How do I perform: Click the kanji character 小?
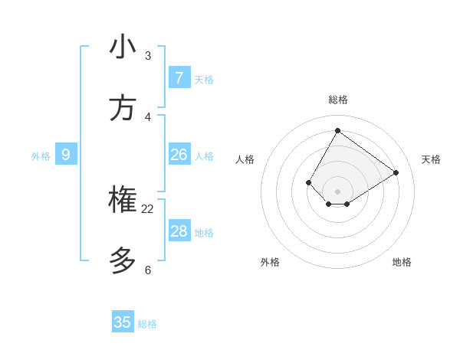tap(123, 47)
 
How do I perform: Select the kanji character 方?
tap(123, 108)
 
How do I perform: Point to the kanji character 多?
tap(123, 261)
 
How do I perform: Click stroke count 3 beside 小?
tap(148, 56)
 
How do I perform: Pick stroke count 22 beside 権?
tap(147, 209)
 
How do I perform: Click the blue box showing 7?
tap(179, 77)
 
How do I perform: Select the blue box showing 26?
tap(179, 155)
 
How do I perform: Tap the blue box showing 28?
tap(179, 231)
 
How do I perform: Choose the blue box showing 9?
tap(66, 155)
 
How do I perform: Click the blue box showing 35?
tap(123, 322)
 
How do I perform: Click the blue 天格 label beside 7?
tap(204, 80)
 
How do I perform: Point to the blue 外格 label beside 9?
tap(41, 156)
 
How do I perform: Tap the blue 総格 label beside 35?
tap(147, 324)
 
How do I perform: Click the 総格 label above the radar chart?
tap(337, 100)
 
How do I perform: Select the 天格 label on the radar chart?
tap(431, 159)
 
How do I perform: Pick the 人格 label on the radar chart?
tap(245, 159)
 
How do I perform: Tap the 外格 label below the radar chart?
tap(270, 262)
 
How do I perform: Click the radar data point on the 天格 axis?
tap(396, 173)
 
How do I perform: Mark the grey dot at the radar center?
tap(337, 191)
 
